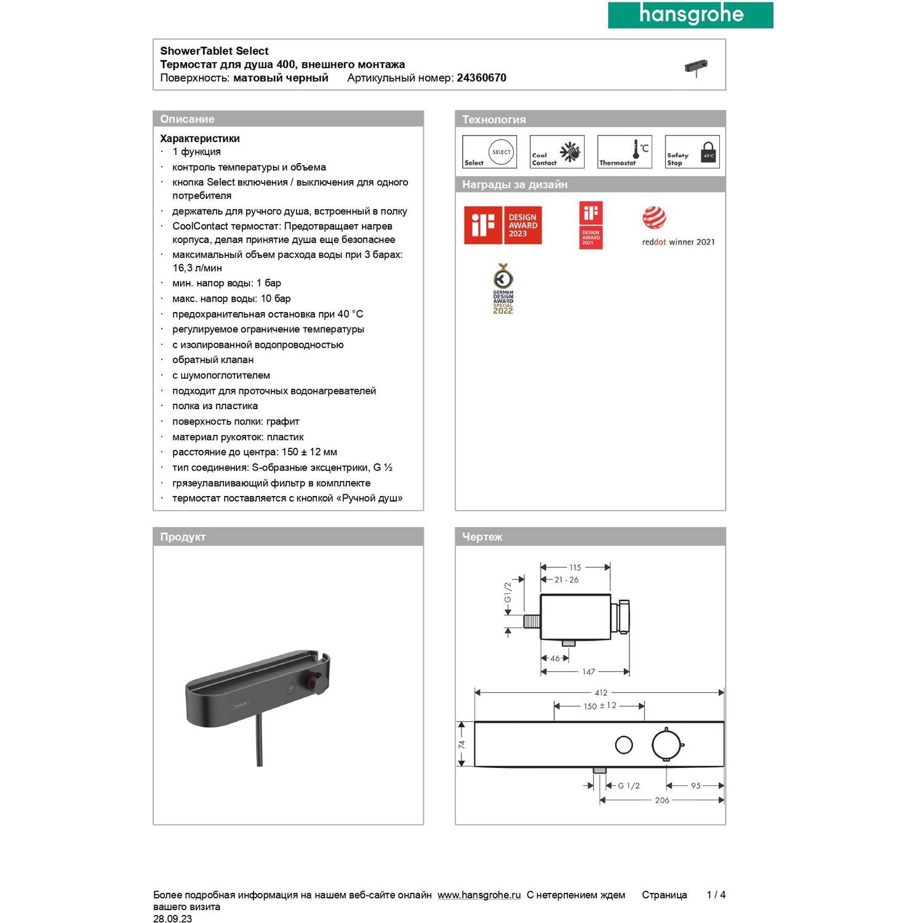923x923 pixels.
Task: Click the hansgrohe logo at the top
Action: pyautogui.click(x=690, y=15)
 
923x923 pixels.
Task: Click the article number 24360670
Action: pyautogui.click(x=481, y=78)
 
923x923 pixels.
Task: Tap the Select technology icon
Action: pyautogui.click(x=489, y=152)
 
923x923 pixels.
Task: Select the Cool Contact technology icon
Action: pyautogui.click(x=557, y=152)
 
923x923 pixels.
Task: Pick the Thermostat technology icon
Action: pyautogui.click(x=625, y=152)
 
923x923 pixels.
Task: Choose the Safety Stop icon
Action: pyautogui.click(x=692, y=152)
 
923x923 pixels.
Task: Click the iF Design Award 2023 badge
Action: pyautogui.click(x=503, y=225)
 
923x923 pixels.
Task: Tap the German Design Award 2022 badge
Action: pyautogui.click(x=503, y=289)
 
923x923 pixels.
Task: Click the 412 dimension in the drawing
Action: pyautogui.click(x=601, y=693)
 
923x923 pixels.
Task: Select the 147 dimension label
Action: pyautogui.click(x=589, y=672)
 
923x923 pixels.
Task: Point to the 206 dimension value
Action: pyautogui.click(x=662, y=801)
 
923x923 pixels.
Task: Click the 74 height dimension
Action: pyautogui.click(x=461, y=745)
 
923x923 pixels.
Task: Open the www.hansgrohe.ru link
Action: pyautogui.click(x=479, y=895)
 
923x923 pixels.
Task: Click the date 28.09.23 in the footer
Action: pyautogui.click(x=173, y=919)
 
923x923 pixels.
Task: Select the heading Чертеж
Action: pyautogui.click(x=482, y=537)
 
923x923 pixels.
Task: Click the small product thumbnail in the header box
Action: pyautogui.click(x=696, y=67)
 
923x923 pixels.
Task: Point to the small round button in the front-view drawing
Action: pyautogui.click(x=624, y=745)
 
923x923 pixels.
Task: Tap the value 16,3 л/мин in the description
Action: pyautogui.click(x=198, y=268)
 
